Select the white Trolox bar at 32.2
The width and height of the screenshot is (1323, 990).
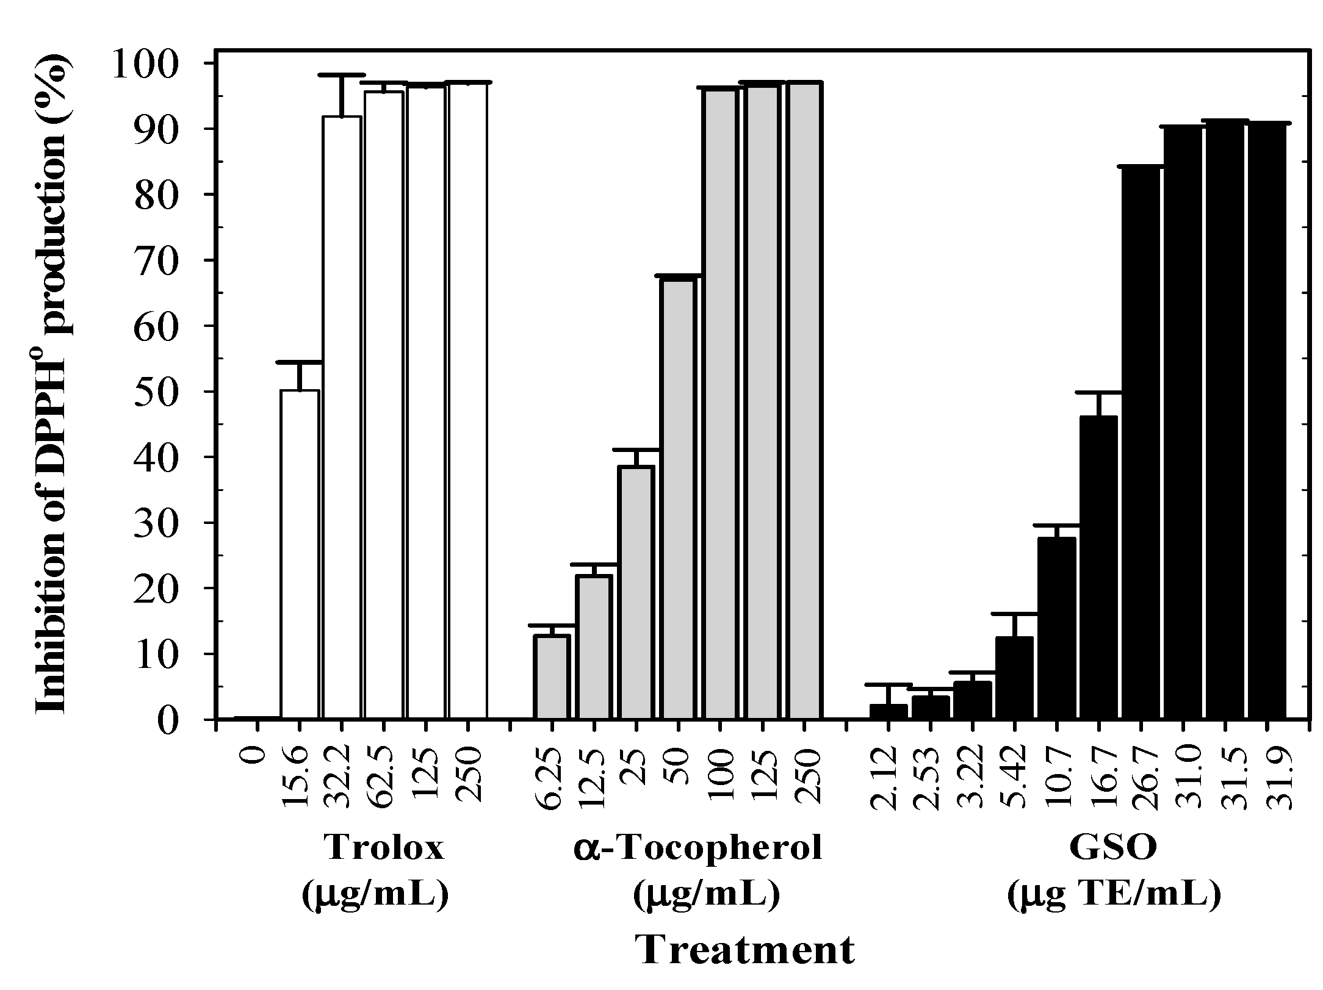tap(342, 418)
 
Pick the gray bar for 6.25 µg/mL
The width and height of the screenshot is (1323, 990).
tap(552, 677)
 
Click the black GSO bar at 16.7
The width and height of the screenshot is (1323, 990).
tap(1098, 567)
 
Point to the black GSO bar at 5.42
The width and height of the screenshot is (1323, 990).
tap(1014, 678)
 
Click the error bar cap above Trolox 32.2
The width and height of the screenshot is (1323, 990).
tap(342, 75)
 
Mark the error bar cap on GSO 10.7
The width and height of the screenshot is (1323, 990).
tap(1056, 525)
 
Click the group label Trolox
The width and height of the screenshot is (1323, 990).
tap(384, 848)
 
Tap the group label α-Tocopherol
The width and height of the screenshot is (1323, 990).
tap(698, 848)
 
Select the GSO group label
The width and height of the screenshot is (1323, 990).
tap(1113, 848)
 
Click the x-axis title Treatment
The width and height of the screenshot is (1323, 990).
tap(745, 950)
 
